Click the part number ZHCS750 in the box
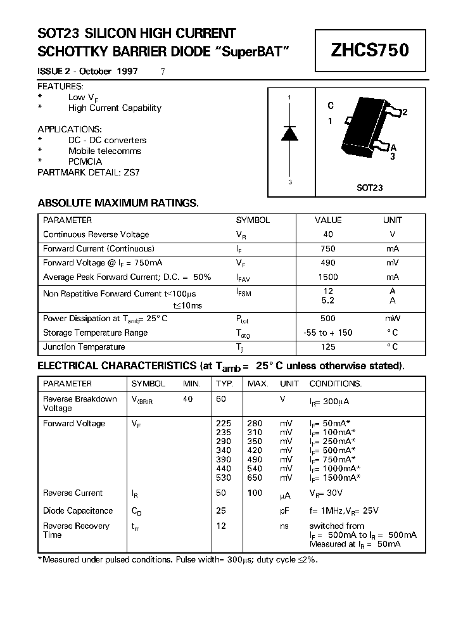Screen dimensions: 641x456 point(370,51)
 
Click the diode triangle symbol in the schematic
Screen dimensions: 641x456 point(289,133)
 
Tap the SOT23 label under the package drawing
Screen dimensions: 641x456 point(370,188)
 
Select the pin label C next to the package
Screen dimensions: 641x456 point(331,106)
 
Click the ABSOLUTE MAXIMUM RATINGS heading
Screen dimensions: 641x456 point(118,203)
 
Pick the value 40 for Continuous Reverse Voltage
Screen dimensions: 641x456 point(328,234)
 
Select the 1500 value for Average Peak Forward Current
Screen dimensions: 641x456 point(328,277)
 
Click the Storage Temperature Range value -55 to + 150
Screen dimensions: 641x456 point(328,333)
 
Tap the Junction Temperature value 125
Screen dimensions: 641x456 point(328,346)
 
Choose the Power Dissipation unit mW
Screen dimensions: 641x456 point(393,319)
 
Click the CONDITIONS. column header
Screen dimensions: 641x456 point(335,384)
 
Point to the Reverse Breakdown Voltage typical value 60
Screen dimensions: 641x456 point(221,399)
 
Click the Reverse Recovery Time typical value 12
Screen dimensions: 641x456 point(221,526)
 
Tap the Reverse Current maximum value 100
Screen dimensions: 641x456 point(255,493)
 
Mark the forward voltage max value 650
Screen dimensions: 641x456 point(255,478)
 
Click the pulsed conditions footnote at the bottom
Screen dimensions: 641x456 point(178,560)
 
